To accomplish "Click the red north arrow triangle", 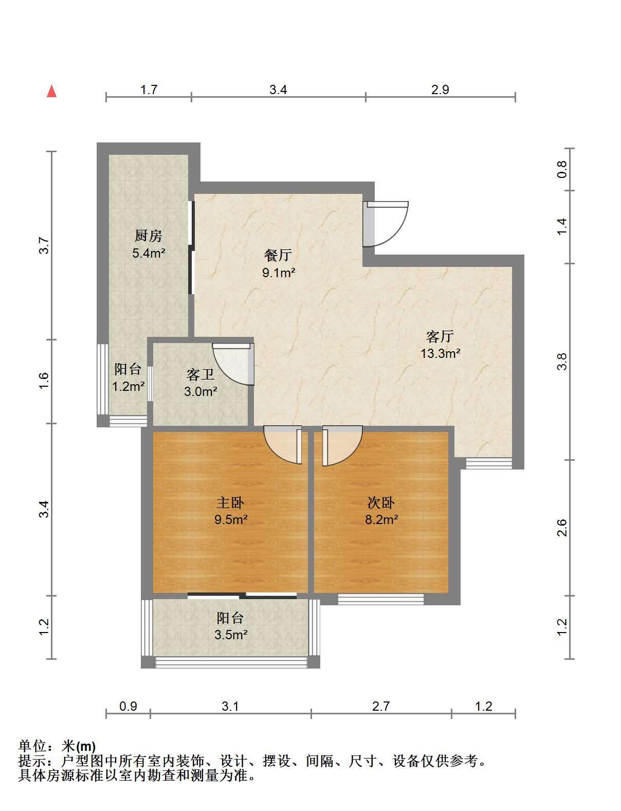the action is [51, 91].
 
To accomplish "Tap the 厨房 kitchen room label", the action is [149, 236].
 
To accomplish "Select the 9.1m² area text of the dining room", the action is [279, 273].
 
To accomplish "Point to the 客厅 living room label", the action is [440, 336].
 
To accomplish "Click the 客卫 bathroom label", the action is [200, 375].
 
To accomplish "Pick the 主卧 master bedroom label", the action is [230, 503].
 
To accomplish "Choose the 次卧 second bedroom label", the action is [381, 503].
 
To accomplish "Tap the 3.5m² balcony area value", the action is [231, 635].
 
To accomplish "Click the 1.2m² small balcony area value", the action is [129, 386].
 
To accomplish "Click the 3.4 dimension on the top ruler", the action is [278, 89].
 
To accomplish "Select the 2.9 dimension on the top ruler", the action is [440, 89].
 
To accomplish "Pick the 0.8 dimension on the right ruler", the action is [562, 169].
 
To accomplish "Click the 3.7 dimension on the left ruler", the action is [44, 245].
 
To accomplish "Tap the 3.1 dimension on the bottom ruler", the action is [230, 706].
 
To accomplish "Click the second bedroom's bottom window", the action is [381, 600].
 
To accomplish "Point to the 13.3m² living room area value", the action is [441, 353].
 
